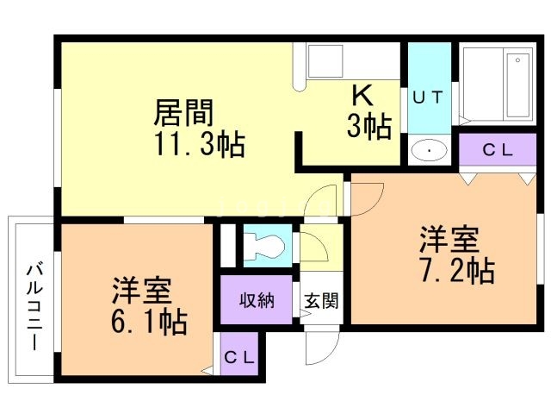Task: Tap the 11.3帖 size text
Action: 200,144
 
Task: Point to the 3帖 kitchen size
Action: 368,128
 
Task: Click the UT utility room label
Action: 428,97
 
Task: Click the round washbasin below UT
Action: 428,152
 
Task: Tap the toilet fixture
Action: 266,244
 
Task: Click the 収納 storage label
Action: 257,301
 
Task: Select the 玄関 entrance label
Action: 320,301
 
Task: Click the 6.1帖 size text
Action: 150,323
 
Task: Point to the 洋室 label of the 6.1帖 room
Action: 142,289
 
